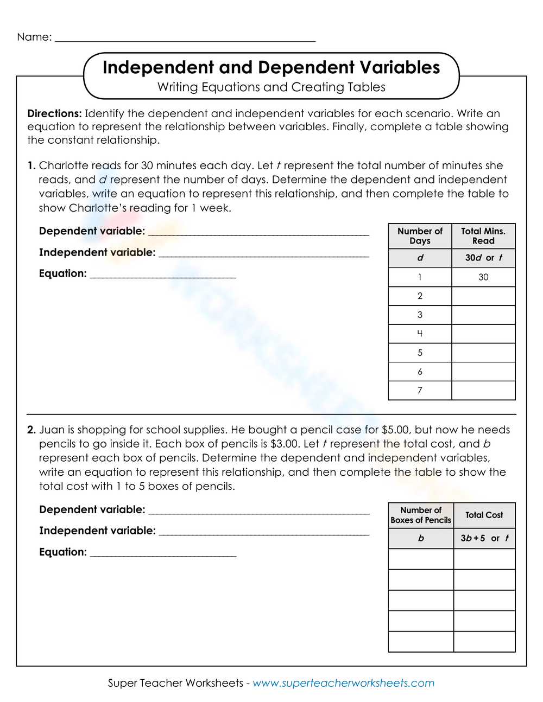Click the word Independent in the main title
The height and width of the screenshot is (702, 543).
(158, 67)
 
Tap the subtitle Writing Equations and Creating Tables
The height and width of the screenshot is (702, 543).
(271, 87)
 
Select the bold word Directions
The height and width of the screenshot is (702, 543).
(54, 113)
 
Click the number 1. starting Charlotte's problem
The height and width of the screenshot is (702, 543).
(31, 165)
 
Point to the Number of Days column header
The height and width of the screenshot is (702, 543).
(420, 236)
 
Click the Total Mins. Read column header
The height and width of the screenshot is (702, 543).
(483, 236)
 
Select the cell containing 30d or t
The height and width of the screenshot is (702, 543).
(483, 258)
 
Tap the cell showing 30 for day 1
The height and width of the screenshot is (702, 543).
(483, 277)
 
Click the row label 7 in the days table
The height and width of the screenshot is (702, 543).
(420, 391)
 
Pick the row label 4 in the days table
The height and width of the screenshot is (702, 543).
(420, 334)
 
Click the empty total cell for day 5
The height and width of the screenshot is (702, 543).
(483, 353)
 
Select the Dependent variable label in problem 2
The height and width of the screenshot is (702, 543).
(92, 509)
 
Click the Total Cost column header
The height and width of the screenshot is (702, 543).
(484, 515)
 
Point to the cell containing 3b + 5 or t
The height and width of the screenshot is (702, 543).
(484, 538)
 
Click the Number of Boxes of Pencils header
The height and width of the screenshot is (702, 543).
(421, 515)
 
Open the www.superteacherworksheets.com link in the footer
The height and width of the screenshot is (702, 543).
(343, 683)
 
